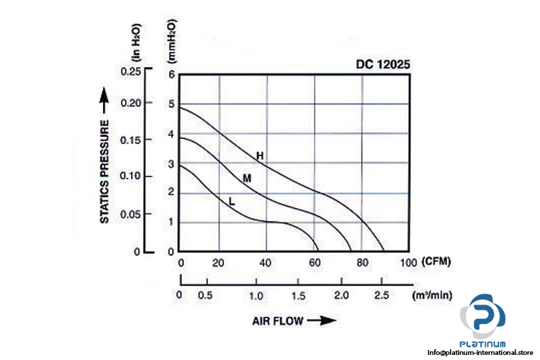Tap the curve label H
pos(260,156)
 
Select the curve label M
pos(246,178)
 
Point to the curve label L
pos(232,202)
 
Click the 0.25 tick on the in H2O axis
pos(132,71)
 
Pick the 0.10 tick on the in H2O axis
pos(132,176)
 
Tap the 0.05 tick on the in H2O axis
pos(132,215)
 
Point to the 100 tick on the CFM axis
pos(408,261)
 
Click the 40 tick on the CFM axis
pos(267,261)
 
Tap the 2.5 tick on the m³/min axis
pos(381,296)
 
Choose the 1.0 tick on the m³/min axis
pos(256,296)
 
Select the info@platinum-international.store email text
pos(483,352)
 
